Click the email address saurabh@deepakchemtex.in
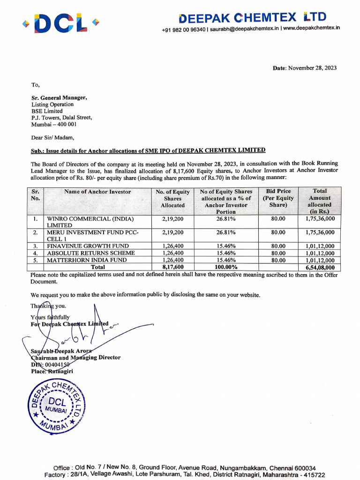pos(244,29)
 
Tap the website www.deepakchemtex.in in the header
pos(311,29)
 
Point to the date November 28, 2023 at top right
pos(305,68)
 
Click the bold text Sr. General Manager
pos(59,97)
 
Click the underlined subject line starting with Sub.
pos(148,150)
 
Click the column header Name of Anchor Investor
pos(97,192)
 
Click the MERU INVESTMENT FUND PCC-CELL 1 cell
pos(93,235)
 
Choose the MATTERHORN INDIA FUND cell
pos(87,260)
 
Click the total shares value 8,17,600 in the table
pos(172,267)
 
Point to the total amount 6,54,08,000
pos(319,268)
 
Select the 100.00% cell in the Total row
pos(226,267)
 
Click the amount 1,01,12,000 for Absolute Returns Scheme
pos(319,253)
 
